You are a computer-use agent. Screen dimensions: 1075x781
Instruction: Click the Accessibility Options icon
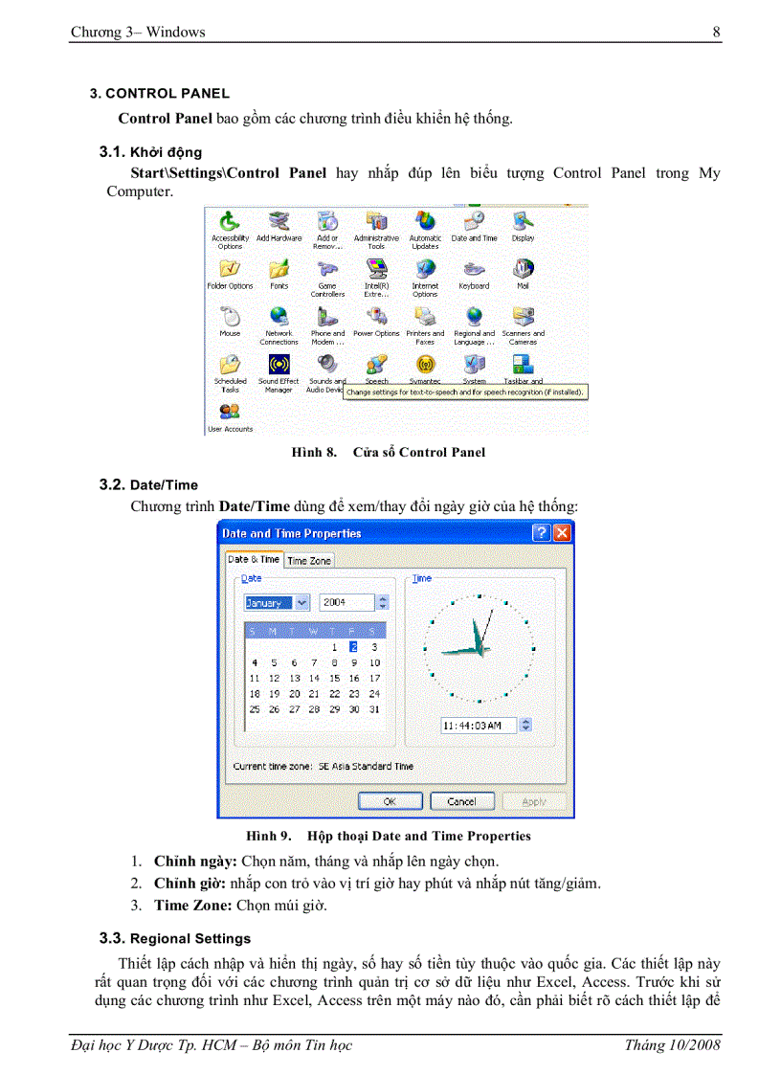[230, 222]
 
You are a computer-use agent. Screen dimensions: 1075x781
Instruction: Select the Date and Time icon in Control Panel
[474, 222]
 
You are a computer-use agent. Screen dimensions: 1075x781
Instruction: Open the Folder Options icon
[230, 270]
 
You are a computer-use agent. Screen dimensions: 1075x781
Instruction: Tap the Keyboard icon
[474, 270]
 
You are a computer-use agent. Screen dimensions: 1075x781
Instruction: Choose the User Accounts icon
[230, 413]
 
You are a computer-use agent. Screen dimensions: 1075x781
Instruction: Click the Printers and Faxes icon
[425, 318]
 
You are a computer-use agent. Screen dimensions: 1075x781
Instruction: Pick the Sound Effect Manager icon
[279, 365]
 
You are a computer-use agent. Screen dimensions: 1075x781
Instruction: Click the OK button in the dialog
[390, 801]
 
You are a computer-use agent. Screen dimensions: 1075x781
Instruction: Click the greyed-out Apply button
[534, 801]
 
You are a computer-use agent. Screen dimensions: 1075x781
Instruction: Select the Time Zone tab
[309, 561]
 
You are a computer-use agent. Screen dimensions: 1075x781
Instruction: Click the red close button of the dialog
[561, 533]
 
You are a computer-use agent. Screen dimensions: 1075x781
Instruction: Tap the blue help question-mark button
[541, 533]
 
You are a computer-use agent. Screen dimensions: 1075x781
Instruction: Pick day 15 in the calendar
[334, 678]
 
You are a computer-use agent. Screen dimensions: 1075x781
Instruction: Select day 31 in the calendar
[374, 709]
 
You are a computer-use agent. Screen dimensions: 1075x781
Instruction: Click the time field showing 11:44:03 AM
[478, 726]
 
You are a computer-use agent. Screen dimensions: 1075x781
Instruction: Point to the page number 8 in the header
[716, 33]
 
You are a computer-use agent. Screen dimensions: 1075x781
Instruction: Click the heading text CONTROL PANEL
[167, 94]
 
